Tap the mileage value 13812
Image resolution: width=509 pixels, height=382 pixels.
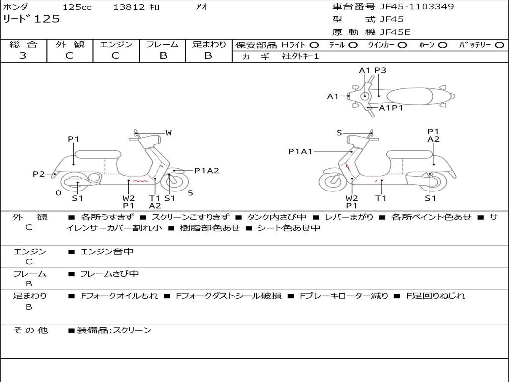129,7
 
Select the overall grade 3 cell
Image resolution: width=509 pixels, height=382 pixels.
23,56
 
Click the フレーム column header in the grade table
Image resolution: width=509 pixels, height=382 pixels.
163,44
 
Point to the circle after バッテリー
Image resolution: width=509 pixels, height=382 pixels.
499,45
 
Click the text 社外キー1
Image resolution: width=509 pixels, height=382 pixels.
300,56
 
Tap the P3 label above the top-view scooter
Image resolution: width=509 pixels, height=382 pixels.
380,70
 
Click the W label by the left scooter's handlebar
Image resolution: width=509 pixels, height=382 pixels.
169,133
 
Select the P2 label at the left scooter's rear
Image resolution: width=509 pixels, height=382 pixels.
38,174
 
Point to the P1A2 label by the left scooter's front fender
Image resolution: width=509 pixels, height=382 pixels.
206,171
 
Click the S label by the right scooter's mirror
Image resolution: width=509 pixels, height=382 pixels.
339,133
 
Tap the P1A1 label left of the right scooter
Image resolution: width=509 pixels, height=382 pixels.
300,151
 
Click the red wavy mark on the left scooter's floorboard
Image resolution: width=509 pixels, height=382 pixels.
140,182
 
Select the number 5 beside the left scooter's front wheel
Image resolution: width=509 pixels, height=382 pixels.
190,193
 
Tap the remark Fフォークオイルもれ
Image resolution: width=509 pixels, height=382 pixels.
119,296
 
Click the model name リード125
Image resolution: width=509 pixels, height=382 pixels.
31,19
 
